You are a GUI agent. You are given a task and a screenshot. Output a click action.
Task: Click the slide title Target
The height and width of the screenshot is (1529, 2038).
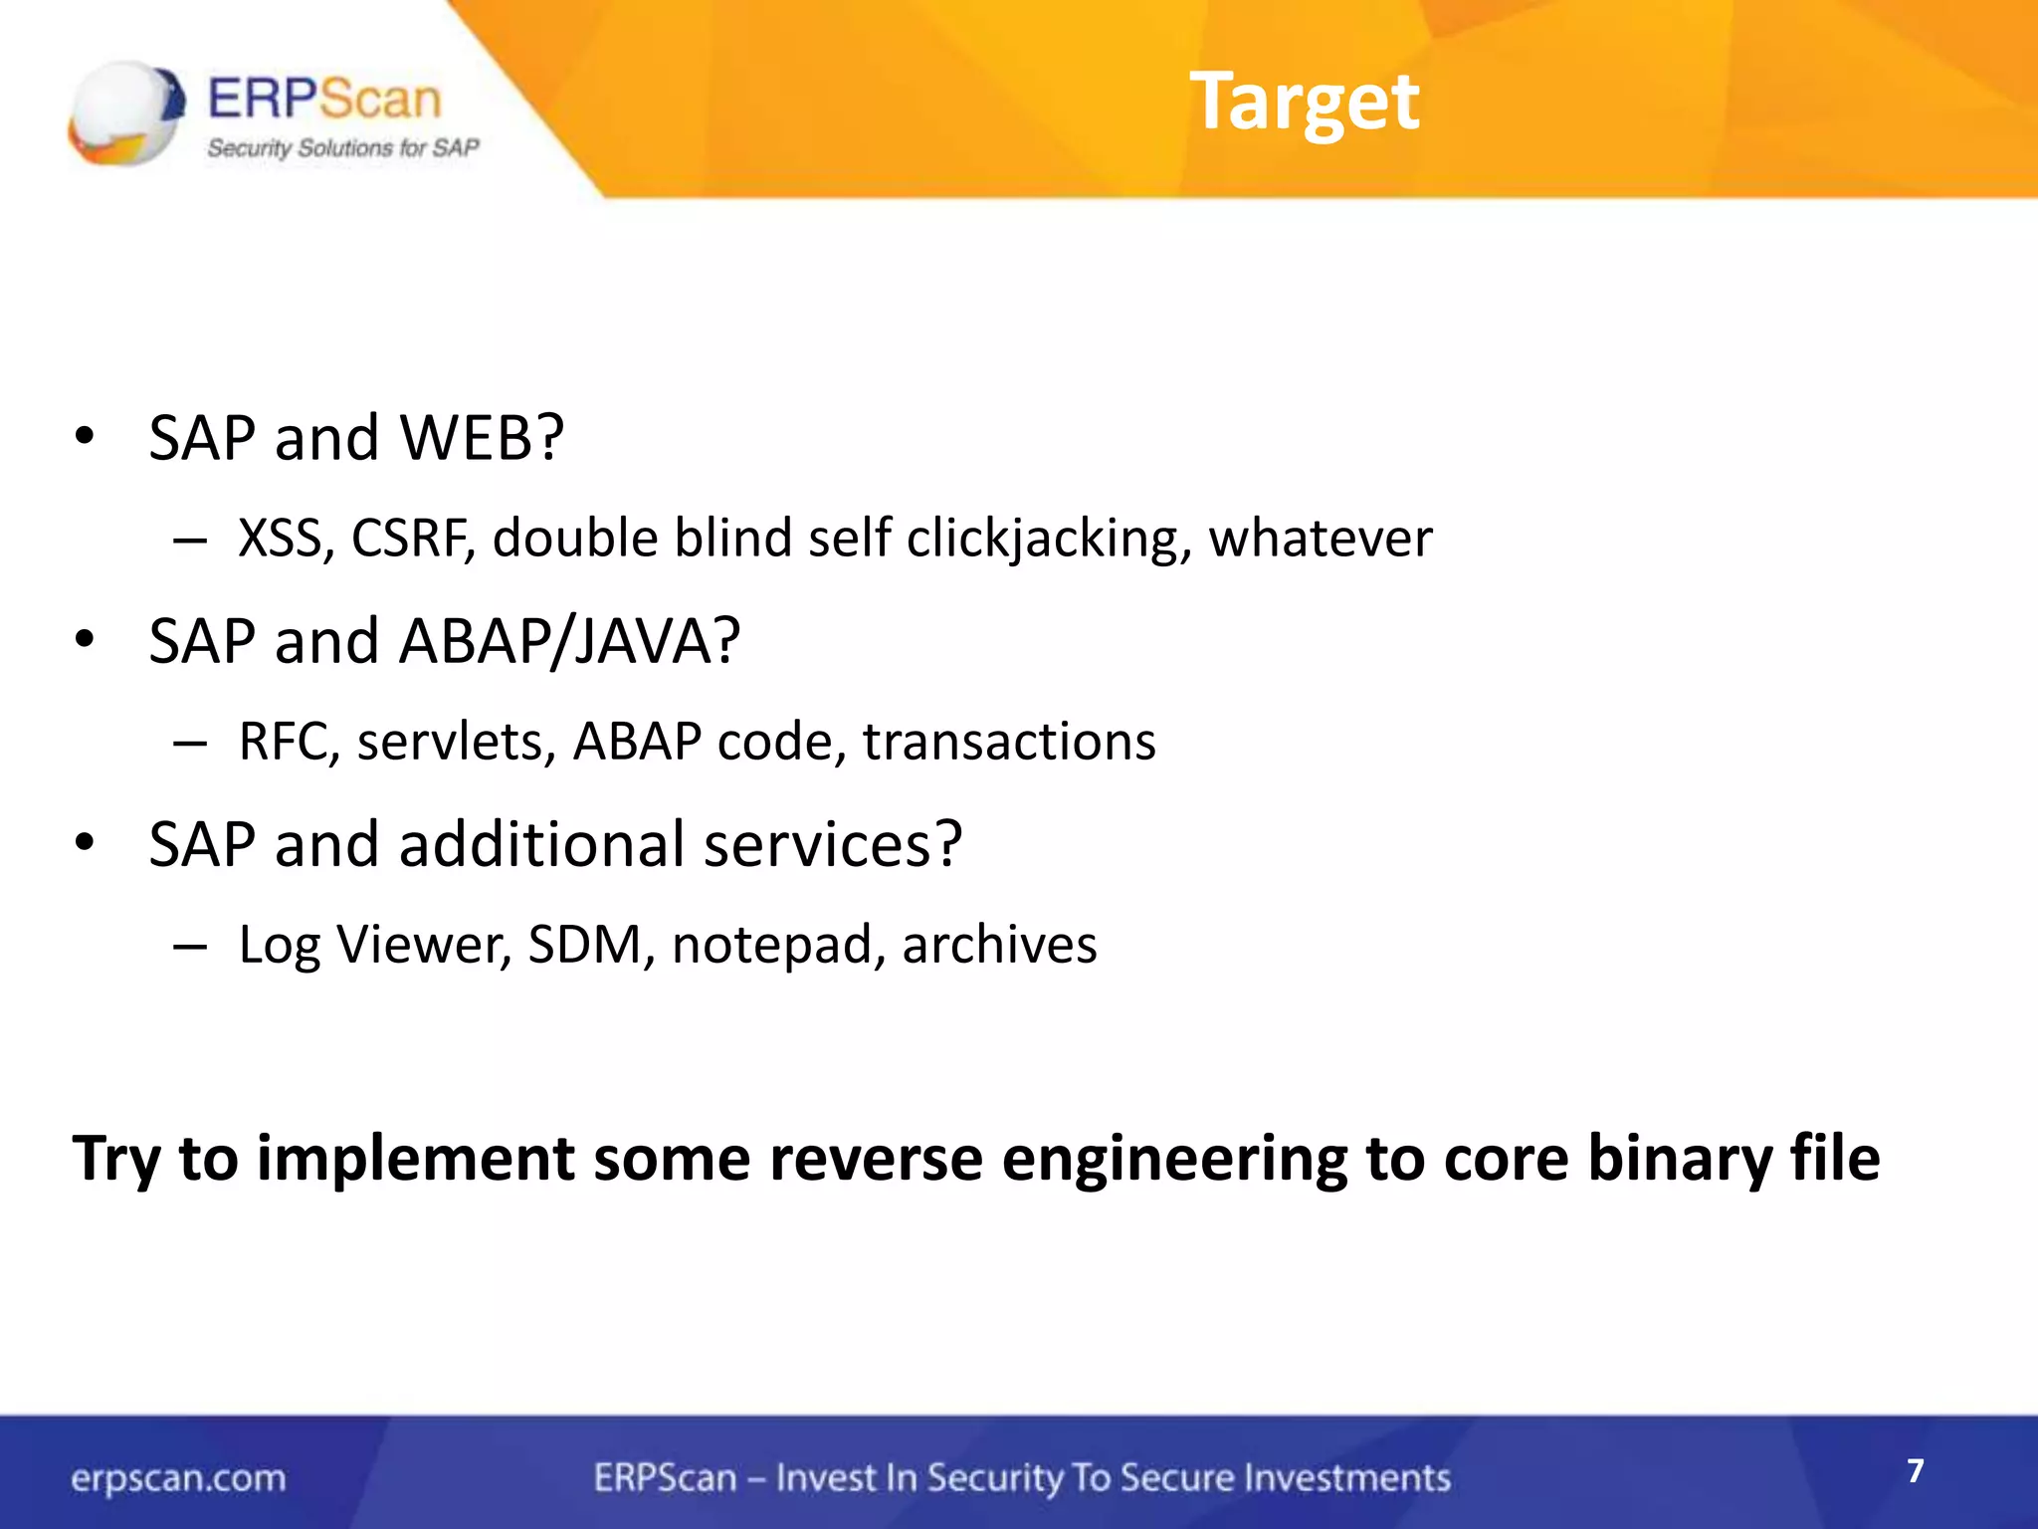pos(1304,102)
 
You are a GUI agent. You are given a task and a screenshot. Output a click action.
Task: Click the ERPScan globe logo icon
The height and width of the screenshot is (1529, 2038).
pos(125,111)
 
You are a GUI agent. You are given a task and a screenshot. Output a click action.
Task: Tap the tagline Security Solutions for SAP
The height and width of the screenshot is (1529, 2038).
pos(342,148)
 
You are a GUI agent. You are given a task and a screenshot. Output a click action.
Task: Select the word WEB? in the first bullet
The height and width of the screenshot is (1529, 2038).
pos(482,437)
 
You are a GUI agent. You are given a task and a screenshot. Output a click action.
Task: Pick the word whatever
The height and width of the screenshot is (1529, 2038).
pos(1320,539)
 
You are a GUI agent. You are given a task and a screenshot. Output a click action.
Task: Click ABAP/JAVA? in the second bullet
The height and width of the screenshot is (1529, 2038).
pos(569,640)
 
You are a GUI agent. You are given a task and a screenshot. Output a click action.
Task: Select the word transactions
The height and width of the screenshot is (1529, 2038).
pos(1009,742)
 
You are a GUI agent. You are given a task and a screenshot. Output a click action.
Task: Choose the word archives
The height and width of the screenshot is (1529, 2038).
pos(999,945)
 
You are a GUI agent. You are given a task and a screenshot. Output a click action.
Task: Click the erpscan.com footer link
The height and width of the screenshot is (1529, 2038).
pos(178,1478)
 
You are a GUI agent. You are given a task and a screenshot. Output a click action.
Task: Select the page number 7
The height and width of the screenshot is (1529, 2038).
pos(1915,1471)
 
